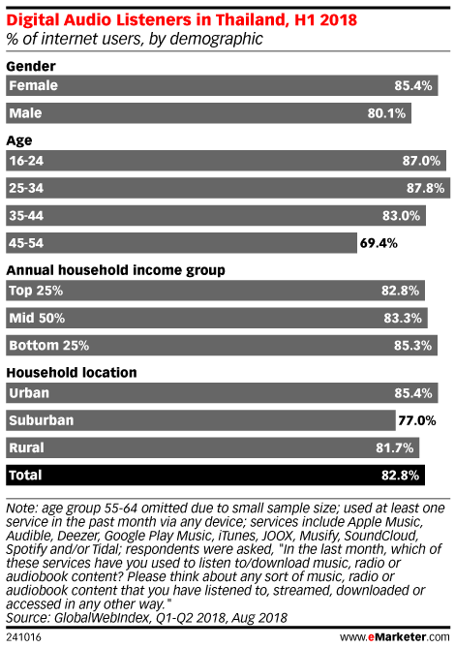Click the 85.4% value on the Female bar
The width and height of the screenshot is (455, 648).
(x=412, y=85)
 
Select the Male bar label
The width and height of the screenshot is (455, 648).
(x=25, y=113)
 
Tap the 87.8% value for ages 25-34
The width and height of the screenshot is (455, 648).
(x=425, y=188)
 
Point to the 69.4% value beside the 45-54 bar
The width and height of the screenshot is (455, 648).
(x=379, y=243)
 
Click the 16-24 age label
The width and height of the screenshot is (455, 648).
(x=26, y=161)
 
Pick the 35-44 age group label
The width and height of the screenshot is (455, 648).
(x=26, y=216)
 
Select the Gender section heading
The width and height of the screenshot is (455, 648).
(x=31, y=66)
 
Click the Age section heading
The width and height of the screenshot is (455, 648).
(x=19, y=140)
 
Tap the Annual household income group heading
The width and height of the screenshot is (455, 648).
(x=115, y=270)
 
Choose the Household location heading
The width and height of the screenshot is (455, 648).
(x=72, y=373)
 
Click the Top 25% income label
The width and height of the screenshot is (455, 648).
(x=36, y=291)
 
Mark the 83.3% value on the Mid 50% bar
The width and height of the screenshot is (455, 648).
(x=403, y=319)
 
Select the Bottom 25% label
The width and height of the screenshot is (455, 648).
(x=49, y=346)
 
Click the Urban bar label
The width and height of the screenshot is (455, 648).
(x=29, y=393)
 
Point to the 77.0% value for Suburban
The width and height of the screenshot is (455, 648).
(x=417, y=420)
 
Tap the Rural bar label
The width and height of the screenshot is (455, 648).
(x=26, y=447)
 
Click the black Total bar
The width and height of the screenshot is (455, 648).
(x=215, y=476)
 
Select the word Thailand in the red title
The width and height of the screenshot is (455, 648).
(x=252, y=19)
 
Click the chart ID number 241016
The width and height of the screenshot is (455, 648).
(x=23, y=637)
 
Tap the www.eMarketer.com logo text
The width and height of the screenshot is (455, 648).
(x=395, y=636)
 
